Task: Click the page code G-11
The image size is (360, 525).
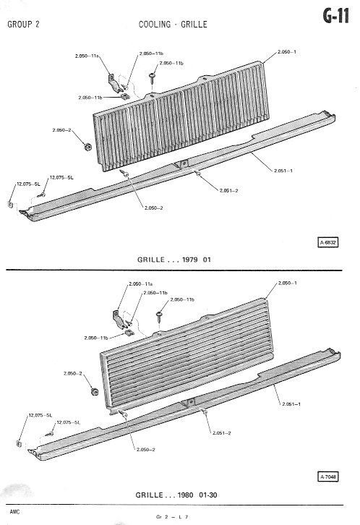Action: point(336,16)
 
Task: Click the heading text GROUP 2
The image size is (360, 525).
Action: point(23,25)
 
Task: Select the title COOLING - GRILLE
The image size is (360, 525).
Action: point(173,25)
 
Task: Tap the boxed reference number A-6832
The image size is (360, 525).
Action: point(328,242)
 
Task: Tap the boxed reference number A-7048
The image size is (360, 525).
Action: point(328,477)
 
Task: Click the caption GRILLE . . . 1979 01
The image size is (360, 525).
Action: point(174,260)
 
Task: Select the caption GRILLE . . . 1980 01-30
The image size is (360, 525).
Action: point(176,495)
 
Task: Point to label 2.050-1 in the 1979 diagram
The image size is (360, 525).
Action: point(287,52)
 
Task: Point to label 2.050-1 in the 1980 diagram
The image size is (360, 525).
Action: point(288,283)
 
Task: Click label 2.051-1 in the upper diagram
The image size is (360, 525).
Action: point(283,171)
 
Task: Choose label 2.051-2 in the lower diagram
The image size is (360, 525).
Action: point(221,433)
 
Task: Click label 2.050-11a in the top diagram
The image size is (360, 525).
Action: point(87,56)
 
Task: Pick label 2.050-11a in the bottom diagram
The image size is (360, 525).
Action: point(140,284)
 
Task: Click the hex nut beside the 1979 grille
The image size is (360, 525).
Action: point(87,147)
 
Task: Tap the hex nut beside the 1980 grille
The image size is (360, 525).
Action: point(95,391)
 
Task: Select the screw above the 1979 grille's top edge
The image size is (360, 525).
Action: point(153,79)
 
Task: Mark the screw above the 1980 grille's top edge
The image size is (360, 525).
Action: point(159,317)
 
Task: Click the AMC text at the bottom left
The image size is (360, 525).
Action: point(14,512)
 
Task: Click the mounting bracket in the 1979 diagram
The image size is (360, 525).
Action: point(113,83)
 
